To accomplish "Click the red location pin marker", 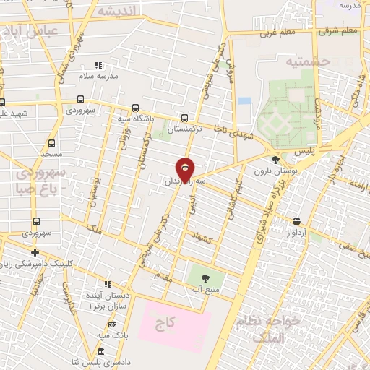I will click(x=186, y=168).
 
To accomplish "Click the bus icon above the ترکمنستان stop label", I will click(x=186, y=117).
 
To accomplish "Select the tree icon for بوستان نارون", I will click(x=275, y=160).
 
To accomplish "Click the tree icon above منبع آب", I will click(x=204, y=277).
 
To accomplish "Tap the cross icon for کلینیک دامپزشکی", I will click(x=35, y=252).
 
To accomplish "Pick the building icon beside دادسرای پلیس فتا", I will click(x=99, y=350).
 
